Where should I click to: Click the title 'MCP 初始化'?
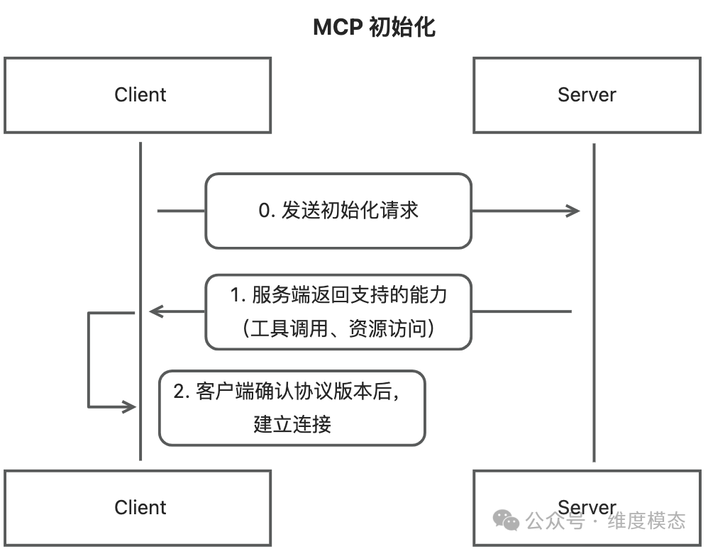pyautogui.click(x=374, y=28)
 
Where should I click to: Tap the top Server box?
pyautogui.click(x=587, y=95)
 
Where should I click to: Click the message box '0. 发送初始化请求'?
pyautogui.click(x=338, y=211)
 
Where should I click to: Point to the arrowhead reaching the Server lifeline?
pyautogui.click(x=573, y=211)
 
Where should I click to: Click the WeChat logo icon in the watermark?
pyautogui.click(x=507, y=521)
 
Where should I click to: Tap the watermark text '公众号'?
pyautogui.click(x=555, y=521)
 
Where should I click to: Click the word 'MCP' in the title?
pyautogui.click(x=338, y=28)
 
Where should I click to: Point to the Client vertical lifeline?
pyautogui.click(x=140, y=248)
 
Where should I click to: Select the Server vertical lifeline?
pyautogui.click(x=594, y=390)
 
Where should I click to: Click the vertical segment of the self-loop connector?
pyautogui.click(x=89, y=360)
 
